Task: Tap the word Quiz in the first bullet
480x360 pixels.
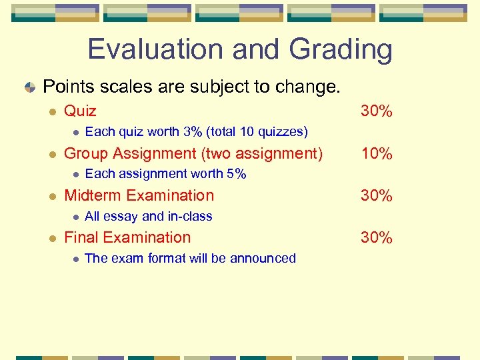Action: tap(80, 111)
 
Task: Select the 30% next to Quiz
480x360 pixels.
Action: tap(376, 111)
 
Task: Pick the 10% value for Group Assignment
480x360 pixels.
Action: tap(376, 154)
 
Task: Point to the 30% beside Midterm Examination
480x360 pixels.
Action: tap(376, 195)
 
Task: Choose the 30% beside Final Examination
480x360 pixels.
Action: tap(376, 237)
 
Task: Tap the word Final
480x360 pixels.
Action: tap(81, 237)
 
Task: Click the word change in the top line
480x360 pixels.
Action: tap(315, 87)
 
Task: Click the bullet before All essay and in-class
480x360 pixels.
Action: tap(76, 217)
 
